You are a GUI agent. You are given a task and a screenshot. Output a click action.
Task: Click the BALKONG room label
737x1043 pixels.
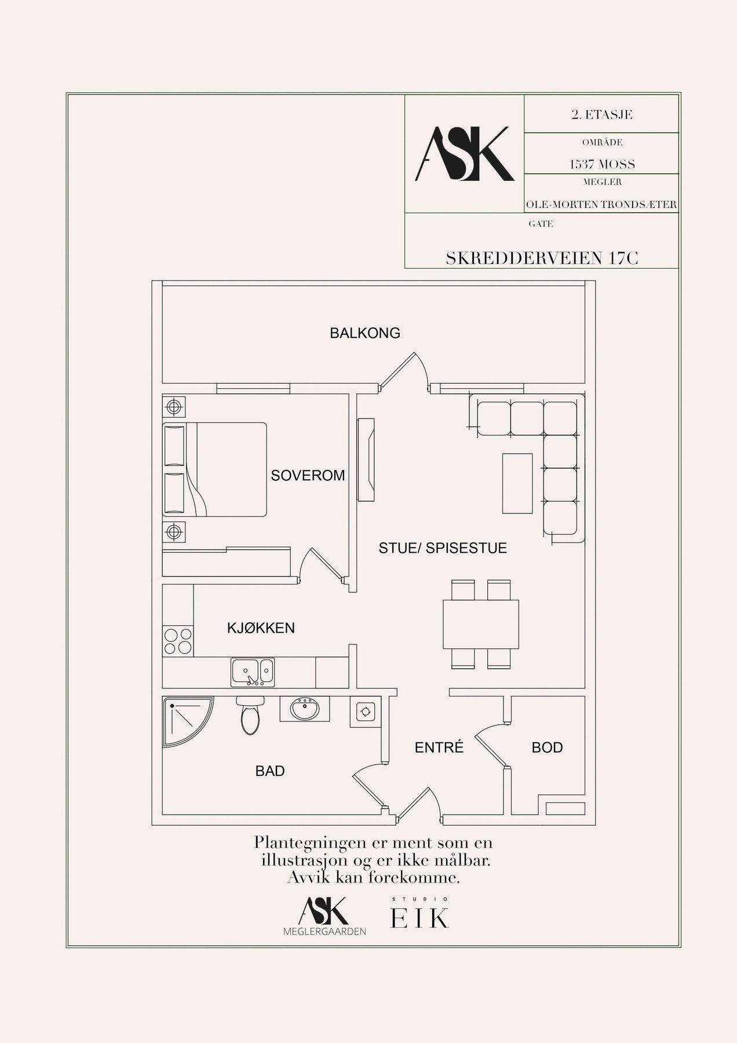click(x=365, y=333)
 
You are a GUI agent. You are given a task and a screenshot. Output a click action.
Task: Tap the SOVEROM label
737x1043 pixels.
click(x=308, y=476)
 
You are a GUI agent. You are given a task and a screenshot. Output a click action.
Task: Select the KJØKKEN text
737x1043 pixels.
click(x=261, y=628)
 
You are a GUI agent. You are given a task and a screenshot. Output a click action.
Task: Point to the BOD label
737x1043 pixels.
click(x=547, y=747)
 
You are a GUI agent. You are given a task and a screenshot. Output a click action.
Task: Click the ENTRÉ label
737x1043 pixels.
click(x=439, y=747)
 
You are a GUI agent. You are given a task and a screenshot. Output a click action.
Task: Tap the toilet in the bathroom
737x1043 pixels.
click(x=250, y=716)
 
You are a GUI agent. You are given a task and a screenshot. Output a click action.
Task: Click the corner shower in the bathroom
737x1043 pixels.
click(x=187, y=722)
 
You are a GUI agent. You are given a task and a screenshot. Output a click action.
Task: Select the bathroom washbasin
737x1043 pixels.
click(x=305, y=709)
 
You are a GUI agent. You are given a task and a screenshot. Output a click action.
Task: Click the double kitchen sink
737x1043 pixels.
click(x=253, y=672)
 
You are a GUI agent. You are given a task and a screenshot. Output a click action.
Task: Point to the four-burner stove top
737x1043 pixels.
click(x=178, y=641)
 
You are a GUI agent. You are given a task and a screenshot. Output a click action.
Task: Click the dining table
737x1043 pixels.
click(x=480, y=624)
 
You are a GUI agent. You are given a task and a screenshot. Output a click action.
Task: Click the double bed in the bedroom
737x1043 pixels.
click(x=214, y=469)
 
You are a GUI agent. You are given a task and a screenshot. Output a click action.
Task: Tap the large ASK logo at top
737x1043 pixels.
click(x=464, y=154)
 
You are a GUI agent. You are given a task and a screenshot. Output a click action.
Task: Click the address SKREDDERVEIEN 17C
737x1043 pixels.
click(x=542, y=258)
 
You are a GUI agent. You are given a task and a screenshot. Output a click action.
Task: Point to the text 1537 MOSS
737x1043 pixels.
click(x=602, y=165)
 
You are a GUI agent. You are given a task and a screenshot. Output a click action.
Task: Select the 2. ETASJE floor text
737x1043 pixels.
click(x=602, y=114)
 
